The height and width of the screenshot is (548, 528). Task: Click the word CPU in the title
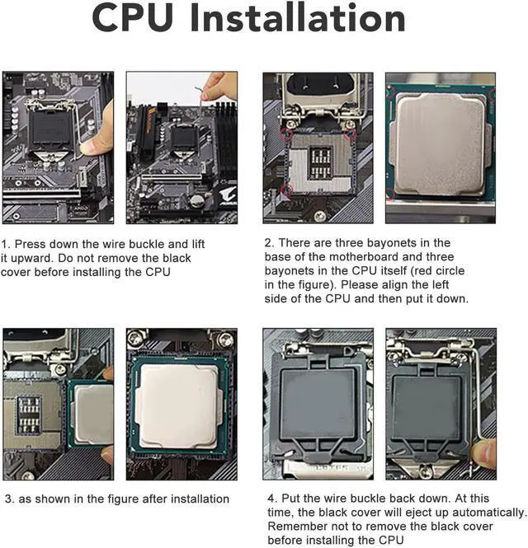(x=133, y=18)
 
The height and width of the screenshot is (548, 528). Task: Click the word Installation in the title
(x=298, y=17)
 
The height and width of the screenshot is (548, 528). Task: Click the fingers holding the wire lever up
(x=219, y=87)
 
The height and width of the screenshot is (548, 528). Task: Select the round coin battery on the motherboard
(x=196, y=201)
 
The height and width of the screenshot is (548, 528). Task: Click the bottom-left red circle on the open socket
(x=287, y=190)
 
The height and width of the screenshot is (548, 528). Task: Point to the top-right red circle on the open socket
(x=350, y=134)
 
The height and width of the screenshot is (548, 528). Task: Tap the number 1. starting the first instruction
(x=6, y=244)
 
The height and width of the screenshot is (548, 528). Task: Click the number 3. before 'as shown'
(x=9, y=499)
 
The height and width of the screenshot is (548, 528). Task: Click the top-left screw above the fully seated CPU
(x=134, y=338)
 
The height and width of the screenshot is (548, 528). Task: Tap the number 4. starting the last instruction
(x=273, y=499)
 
